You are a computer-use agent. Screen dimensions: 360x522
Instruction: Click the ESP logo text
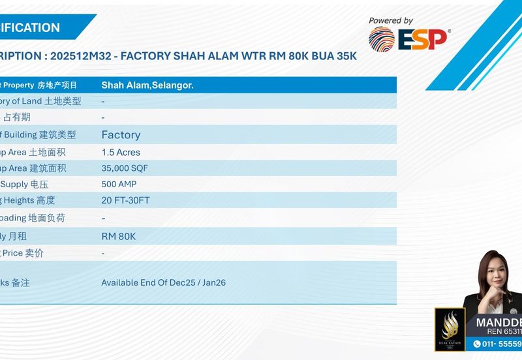point(423,39)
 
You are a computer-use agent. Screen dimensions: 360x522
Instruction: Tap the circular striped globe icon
point(382,39)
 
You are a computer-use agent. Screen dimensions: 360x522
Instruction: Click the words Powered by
point(391,21)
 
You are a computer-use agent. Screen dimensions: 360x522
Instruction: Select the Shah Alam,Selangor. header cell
point(147,85)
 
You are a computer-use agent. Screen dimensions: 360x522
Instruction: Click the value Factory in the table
point(121,135)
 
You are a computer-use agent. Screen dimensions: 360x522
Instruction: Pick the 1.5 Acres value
point(121,152)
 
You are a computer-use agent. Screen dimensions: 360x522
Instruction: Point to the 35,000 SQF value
point(125,168)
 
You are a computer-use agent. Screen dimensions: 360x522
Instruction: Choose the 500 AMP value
point(119,185)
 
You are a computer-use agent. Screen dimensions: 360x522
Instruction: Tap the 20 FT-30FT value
point(125,200)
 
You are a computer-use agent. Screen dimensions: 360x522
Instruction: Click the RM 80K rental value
point(119,236)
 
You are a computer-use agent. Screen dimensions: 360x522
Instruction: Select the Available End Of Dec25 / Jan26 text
point(163,282)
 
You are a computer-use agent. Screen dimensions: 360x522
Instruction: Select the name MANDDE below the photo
point(499,323)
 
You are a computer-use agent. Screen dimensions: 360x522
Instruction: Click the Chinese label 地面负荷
point(47,218)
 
